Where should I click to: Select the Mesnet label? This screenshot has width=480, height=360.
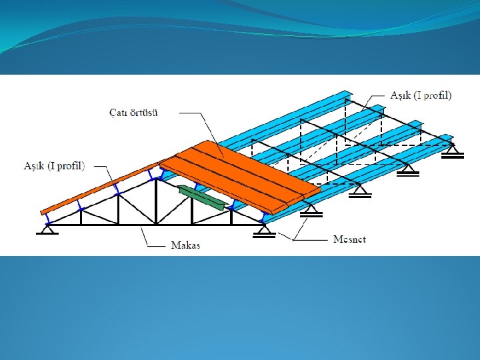tap(349, 239)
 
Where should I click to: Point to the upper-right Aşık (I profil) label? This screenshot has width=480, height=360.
tap(422, 95)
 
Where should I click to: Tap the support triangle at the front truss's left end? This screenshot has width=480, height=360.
tap(47, 229)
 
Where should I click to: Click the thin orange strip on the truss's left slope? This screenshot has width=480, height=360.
tap(100, 189)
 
